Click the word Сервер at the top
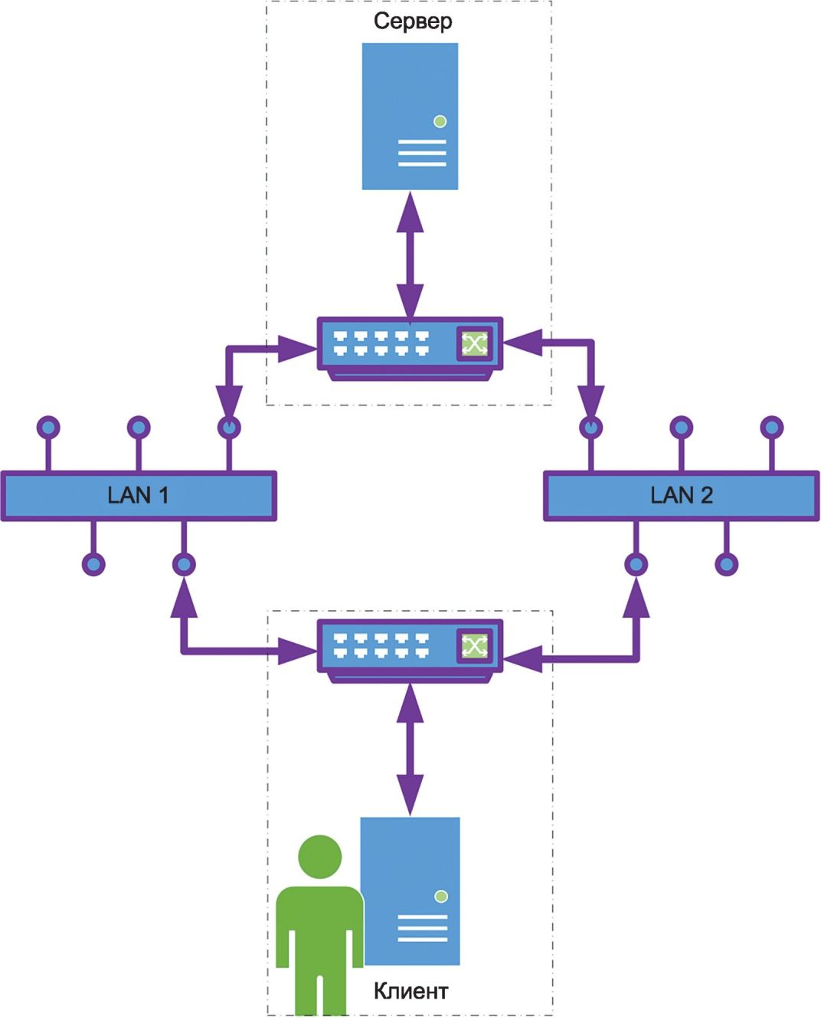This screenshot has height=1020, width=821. [413, 22]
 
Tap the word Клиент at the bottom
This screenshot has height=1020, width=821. [410, 990]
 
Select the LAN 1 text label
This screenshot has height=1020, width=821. [138, 495]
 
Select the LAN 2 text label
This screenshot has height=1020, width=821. [682, 495]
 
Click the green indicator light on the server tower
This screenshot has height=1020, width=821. [440, 121]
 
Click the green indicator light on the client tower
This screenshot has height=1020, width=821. [441, 897]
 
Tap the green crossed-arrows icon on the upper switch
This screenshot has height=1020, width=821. [474, 343]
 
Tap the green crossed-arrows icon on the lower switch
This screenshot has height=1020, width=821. [474, 645]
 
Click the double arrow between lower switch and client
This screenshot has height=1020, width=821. [410, 749]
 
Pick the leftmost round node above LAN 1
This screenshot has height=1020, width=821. [48, 428]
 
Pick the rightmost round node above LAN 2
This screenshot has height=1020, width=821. [772, 428]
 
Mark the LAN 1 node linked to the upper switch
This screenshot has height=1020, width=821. [229, 428]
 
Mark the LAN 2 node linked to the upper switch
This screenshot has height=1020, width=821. [591, 428]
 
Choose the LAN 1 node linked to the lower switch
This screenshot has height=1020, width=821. [184, 565]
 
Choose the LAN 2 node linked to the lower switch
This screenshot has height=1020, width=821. [636, 565]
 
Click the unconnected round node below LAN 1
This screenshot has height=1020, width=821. [93, 565]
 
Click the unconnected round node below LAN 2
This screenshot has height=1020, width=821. [726, 565]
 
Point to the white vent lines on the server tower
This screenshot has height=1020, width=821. [422, 153]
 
